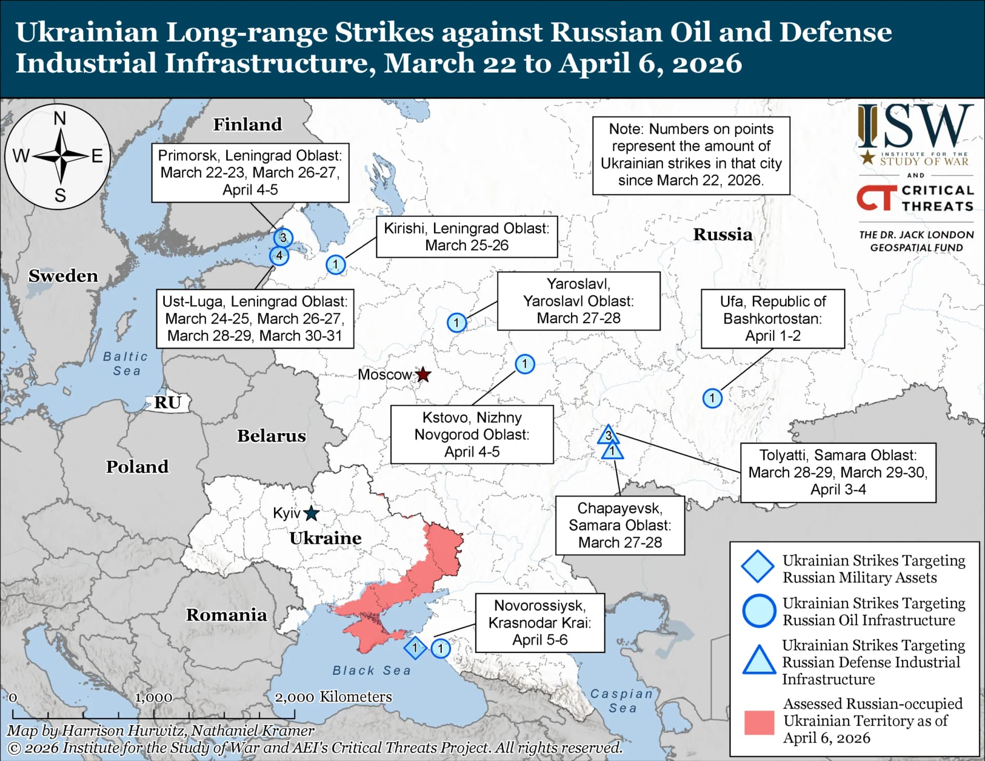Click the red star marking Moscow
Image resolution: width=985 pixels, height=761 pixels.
click(423, 375)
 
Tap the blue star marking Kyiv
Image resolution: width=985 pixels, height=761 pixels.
click(311, 513)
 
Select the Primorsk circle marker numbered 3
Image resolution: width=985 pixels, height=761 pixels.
click(283, 238)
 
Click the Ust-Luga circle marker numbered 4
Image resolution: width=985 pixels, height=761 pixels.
click(279, 255)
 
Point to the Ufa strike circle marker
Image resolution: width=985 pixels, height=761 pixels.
click(712, 398)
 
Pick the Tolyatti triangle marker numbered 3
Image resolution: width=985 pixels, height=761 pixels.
click(608, 435)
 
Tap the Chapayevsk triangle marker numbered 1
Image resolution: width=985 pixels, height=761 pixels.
click(612, 452)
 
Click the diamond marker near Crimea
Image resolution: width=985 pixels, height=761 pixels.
click(415, 648)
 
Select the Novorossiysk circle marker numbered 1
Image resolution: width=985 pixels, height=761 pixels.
click(440, 649)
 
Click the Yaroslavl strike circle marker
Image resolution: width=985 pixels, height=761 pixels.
click(457, 323)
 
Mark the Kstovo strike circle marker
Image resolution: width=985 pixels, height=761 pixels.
click(524, 364)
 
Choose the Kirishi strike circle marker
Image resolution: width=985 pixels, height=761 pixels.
click(336, 265)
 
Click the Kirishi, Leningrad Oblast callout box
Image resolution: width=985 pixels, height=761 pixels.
click(466, 236)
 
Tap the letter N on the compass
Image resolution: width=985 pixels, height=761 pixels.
click(60, 119)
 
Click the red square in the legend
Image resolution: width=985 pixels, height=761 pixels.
click(759, 722)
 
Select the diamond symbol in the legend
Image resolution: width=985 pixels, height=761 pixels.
click(758, 566)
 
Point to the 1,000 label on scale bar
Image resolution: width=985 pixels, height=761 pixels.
click(153, 697)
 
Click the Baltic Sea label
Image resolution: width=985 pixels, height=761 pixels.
click(126, 363)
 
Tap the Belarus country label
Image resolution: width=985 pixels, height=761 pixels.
click(271, 435)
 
